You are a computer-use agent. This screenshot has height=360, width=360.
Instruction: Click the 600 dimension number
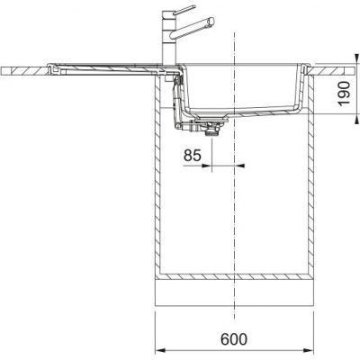click(x=234, y=339)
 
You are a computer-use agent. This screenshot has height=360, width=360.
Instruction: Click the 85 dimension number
click(x=192, y=156)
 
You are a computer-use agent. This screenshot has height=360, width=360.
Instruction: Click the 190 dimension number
click(x=344, y=94)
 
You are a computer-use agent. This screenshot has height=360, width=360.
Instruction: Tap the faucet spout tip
click(x=211, y=21)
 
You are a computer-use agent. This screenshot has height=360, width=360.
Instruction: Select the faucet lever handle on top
click(x=183, y=10)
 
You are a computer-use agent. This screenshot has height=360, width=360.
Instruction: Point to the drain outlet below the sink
click(x=212, y=132)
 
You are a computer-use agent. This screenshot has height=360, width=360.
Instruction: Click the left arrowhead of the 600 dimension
click(x=160, y=350)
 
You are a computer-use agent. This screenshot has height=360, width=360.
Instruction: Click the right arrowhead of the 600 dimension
click(x=309, y=350)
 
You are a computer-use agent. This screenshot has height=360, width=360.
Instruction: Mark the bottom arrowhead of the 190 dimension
click(x=356, y=119)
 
